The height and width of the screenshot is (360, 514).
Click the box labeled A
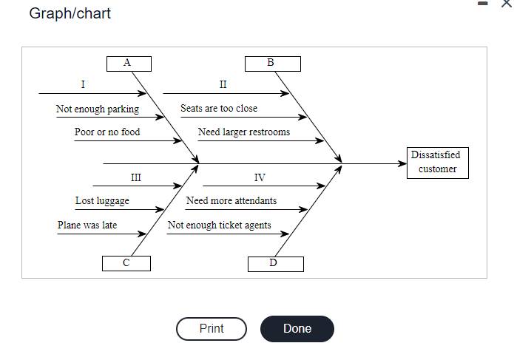click(128, 64)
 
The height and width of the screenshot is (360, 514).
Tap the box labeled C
click(126, 263)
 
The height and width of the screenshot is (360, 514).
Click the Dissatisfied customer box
click(436, 162)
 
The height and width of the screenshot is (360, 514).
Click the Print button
click(212, 328)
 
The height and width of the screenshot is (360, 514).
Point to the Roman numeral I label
click(82, 84)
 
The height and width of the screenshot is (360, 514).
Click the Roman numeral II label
click(223, 84)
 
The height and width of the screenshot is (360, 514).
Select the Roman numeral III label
click(135, 177)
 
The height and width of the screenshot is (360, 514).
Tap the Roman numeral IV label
click(260, 177)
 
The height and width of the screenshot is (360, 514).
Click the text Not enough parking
click(97, 109)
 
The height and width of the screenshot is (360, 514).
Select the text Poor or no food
click(107, 132)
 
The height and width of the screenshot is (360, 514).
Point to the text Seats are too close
click(219, 108)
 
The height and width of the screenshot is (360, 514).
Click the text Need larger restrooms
click(244, 132)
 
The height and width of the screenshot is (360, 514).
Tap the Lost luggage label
click(102, 201)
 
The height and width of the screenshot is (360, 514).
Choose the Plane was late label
click(87, 225)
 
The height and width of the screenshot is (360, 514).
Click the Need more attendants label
click(231, 200)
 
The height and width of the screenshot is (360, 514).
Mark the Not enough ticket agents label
click(220, 225)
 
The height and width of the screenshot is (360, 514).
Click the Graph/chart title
click(70, 14)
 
